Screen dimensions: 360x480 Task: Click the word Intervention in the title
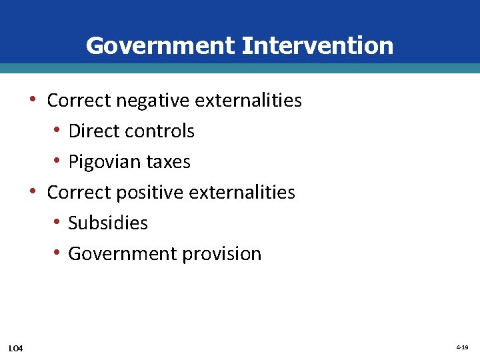[x=317, y=46]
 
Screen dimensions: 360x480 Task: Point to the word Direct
[x=93, y=131]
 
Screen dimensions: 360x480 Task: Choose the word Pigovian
[x=105, y=162]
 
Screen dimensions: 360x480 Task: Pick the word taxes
[x=169, y=162]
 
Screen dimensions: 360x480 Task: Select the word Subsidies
[x=108, y=223]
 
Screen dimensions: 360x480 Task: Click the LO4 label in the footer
[x=15, y=349]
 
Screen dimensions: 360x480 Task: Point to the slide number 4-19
[x=462, y=348]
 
